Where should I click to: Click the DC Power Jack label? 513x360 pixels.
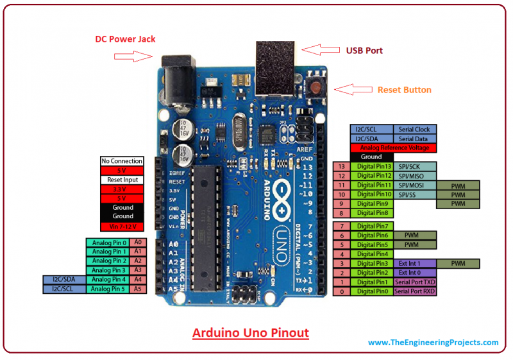[126, 39]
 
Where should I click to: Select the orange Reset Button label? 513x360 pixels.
[404, 90]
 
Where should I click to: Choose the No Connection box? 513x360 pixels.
[122, 161]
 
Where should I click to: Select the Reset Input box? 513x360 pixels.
[122, 180]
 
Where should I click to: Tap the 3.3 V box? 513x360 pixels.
[122, 189]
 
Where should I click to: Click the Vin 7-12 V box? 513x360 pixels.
[122, 227]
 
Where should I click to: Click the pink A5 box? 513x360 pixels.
[138, 289]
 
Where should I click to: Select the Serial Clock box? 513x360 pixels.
[414, 130]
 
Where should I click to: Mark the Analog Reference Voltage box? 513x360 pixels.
[393, 148]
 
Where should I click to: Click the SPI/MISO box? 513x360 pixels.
[414, 176]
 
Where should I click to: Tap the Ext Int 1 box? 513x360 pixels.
[414, 264]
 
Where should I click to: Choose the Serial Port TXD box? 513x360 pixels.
[414, 282]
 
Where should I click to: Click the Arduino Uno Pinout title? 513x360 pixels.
[251, 333]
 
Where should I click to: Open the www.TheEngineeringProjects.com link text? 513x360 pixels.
[433, 343]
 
